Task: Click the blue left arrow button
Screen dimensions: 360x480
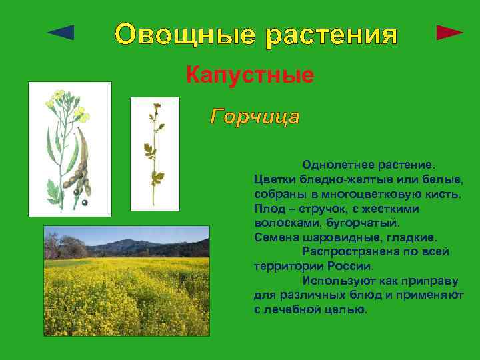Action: [x=62, y=32]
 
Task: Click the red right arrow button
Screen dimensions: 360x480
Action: [x=449, y=32]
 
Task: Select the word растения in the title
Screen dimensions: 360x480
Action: [x=331, y=34]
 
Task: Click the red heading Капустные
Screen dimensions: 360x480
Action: [x=250, y=75]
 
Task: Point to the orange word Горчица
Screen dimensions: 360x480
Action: [x=255, y=117]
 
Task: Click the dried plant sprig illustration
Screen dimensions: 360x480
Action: [x=155, y=153]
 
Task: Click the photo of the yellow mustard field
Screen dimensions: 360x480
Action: [x=126, y=280]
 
